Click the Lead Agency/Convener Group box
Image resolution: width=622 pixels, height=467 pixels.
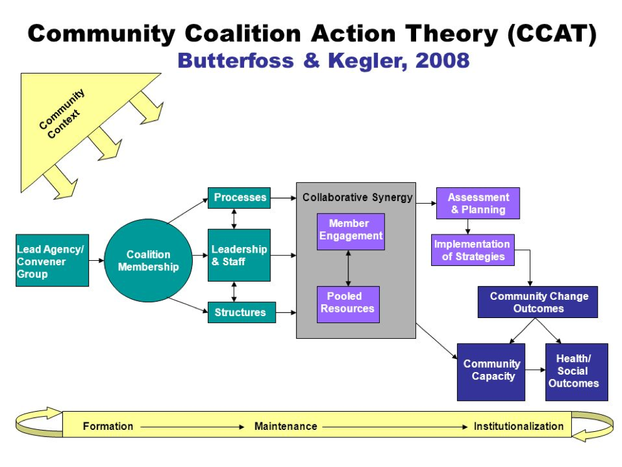pos(52,260)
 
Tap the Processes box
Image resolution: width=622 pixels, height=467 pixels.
pos(239,197)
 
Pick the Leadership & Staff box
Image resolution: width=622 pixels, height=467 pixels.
pos(239,255)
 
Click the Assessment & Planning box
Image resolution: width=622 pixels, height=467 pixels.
pos(478,203)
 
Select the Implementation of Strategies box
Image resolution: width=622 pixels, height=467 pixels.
pos(473,250)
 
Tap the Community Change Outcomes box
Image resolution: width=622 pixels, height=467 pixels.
pos(537,302)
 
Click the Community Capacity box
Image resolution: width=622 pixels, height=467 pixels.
pos(491,371)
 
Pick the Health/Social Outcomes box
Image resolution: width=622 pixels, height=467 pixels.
pos(576,371)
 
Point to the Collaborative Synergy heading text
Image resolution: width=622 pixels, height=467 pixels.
pos(357,197)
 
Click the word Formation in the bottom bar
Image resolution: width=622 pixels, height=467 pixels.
pos(108,426)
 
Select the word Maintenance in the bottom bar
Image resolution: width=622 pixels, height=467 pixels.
pos(286,426)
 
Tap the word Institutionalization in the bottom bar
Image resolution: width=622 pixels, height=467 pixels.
pos(518,426)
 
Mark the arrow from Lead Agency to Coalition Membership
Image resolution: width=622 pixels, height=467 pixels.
pos(96,260)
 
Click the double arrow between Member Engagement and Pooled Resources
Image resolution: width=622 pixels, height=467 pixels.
pos(348,268)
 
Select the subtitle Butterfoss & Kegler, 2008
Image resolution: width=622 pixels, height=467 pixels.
pos(323,60)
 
